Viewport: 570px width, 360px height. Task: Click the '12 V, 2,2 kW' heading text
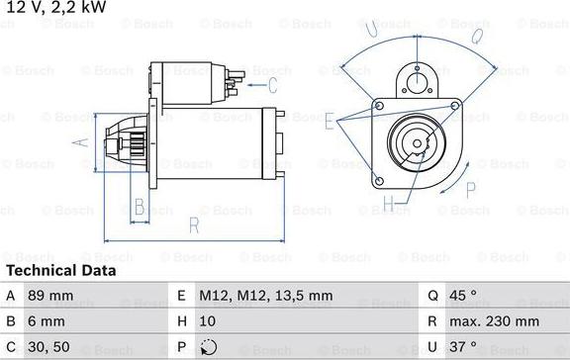(52, 9)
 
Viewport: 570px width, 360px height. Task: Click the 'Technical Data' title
(60, 270)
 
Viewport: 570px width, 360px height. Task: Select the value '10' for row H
(209, 321)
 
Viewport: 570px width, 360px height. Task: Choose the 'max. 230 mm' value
(496, 321)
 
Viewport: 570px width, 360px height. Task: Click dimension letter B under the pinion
(140, 206)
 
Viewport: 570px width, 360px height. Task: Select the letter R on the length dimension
(194, 225)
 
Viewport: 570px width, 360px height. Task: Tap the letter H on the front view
(388, 205)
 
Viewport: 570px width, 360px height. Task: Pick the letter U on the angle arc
(371, 30)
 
